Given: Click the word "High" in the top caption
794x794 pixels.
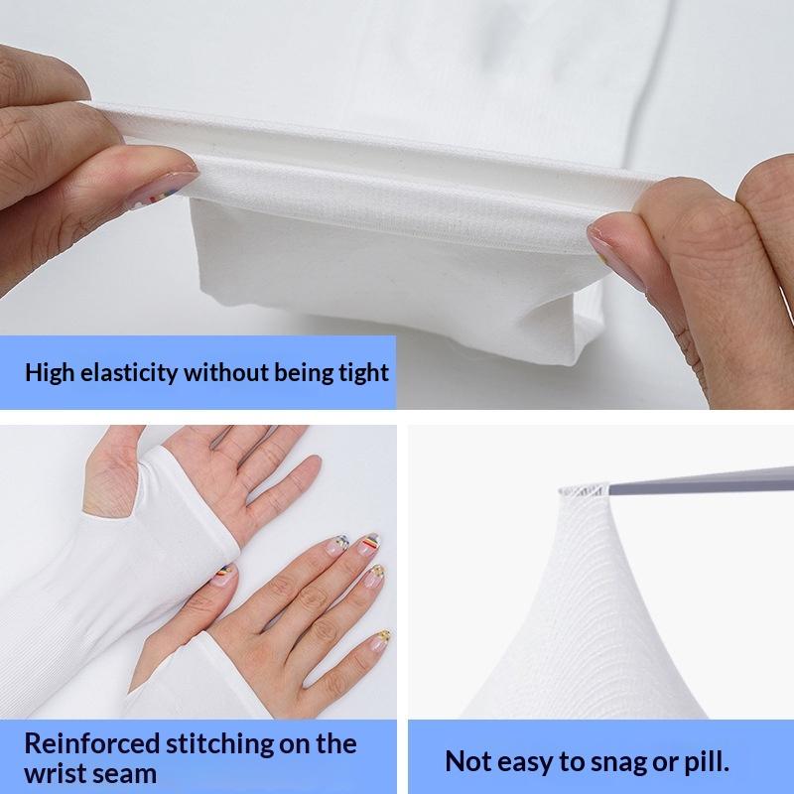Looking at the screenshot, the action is tap(49, 373).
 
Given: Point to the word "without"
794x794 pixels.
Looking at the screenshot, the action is tap(226, 372).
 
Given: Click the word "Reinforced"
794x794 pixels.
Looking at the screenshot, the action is tap(92, 743).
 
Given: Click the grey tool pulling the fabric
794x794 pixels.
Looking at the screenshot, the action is tap(702, 480).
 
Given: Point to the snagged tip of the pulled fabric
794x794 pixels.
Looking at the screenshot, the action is tap(584, 489).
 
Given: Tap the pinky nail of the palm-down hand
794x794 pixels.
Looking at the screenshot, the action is tap(380, 639).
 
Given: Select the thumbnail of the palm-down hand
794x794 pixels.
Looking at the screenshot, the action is tap(222, 575).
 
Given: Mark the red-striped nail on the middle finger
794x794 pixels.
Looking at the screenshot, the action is tap(368, 544).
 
